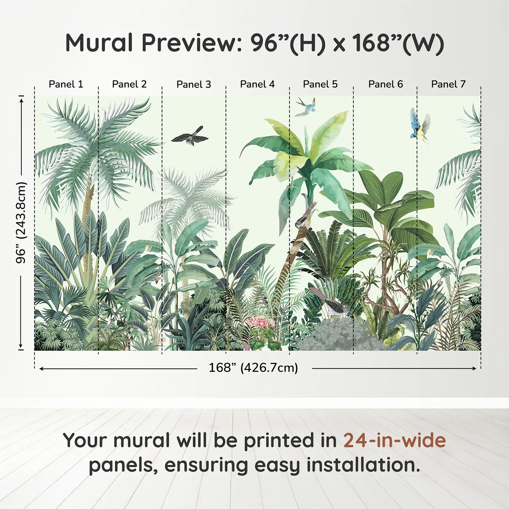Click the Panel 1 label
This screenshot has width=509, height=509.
[x=66, y=84]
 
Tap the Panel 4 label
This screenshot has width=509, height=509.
[x=257, y=84]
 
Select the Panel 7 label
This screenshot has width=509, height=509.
[x=448, y=84]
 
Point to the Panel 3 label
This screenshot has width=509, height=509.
[x=194, y=84]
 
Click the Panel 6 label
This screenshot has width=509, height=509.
[x=386, y=84]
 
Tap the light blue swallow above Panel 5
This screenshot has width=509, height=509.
[x=306, y=107]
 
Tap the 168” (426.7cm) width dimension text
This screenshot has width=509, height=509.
[x=253, y=368]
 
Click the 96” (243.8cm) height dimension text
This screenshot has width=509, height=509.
[x=21, y=223]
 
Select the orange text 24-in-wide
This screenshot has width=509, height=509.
[x=394, y=440]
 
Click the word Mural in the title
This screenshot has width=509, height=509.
[x=99, y=43]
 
